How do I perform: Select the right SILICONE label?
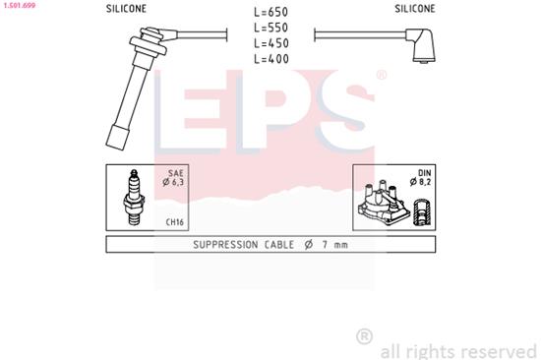point(415,8)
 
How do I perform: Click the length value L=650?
point(270,14)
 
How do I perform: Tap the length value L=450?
point(270,44)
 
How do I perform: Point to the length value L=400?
point(270,60)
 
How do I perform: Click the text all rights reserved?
point(457,350)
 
